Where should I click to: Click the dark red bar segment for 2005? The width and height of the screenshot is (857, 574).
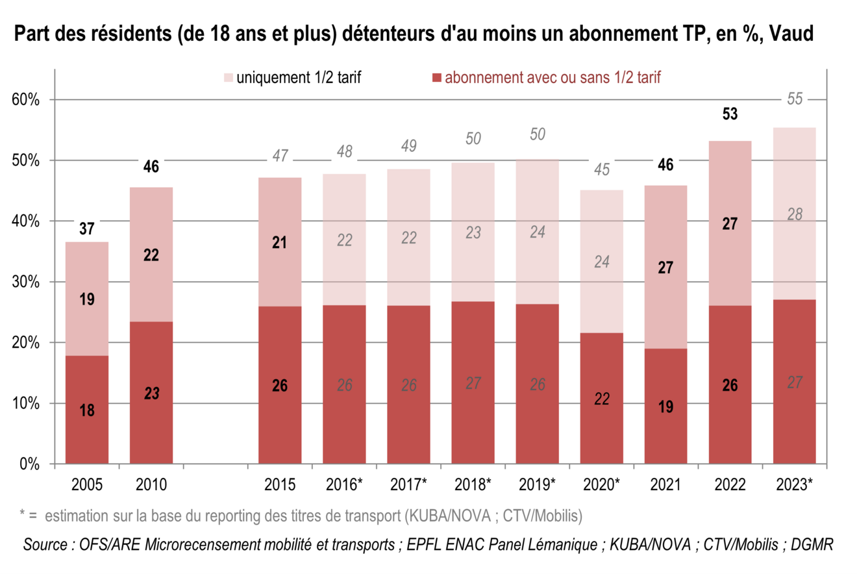click(87, 409)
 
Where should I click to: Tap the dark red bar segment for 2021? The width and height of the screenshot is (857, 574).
click(665, 406)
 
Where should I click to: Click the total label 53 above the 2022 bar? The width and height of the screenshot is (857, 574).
click(729, 114)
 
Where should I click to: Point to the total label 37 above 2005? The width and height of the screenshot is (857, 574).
click(87, 228)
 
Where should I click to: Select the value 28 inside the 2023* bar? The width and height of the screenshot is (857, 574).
click(794, 215)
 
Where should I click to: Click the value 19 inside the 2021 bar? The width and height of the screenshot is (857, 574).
click(665, 407)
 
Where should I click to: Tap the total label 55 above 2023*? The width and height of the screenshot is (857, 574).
click(795, 99)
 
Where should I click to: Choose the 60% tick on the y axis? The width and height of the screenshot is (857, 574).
click(27, 100)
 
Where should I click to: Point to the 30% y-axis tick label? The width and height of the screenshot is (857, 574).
click(27, 282)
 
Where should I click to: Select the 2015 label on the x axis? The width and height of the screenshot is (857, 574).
click(280, 484)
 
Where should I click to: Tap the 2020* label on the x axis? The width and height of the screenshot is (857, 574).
click(602, 484)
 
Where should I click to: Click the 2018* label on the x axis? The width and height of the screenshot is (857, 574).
click(473, 484)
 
